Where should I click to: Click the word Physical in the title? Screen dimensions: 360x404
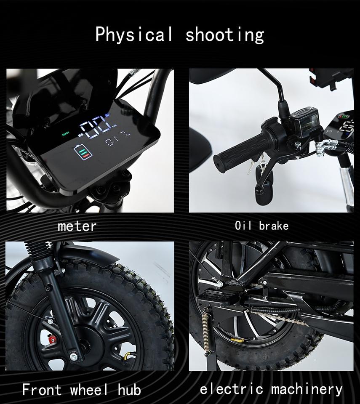tap(134, 35)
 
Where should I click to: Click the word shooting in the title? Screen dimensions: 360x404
tap(225, 35)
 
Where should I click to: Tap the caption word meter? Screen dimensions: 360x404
tap(77, 226)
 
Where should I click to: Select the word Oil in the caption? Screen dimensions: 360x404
tap(243, 226)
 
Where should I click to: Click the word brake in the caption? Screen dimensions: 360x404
tap(274, 226)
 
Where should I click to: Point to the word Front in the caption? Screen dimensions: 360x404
tap(42, 389)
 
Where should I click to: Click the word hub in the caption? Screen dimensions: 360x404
tap(129, 389)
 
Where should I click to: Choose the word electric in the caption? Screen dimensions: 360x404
tap(231, 389)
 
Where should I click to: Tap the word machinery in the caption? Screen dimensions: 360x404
tap(307, 390)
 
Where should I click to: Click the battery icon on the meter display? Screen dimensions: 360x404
tap(83, 152)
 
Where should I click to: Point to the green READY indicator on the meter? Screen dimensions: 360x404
tap(66, 133)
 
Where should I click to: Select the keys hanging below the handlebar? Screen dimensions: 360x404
tap(255, 165)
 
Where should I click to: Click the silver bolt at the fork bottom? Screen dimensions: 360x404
tap(74, 357)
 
